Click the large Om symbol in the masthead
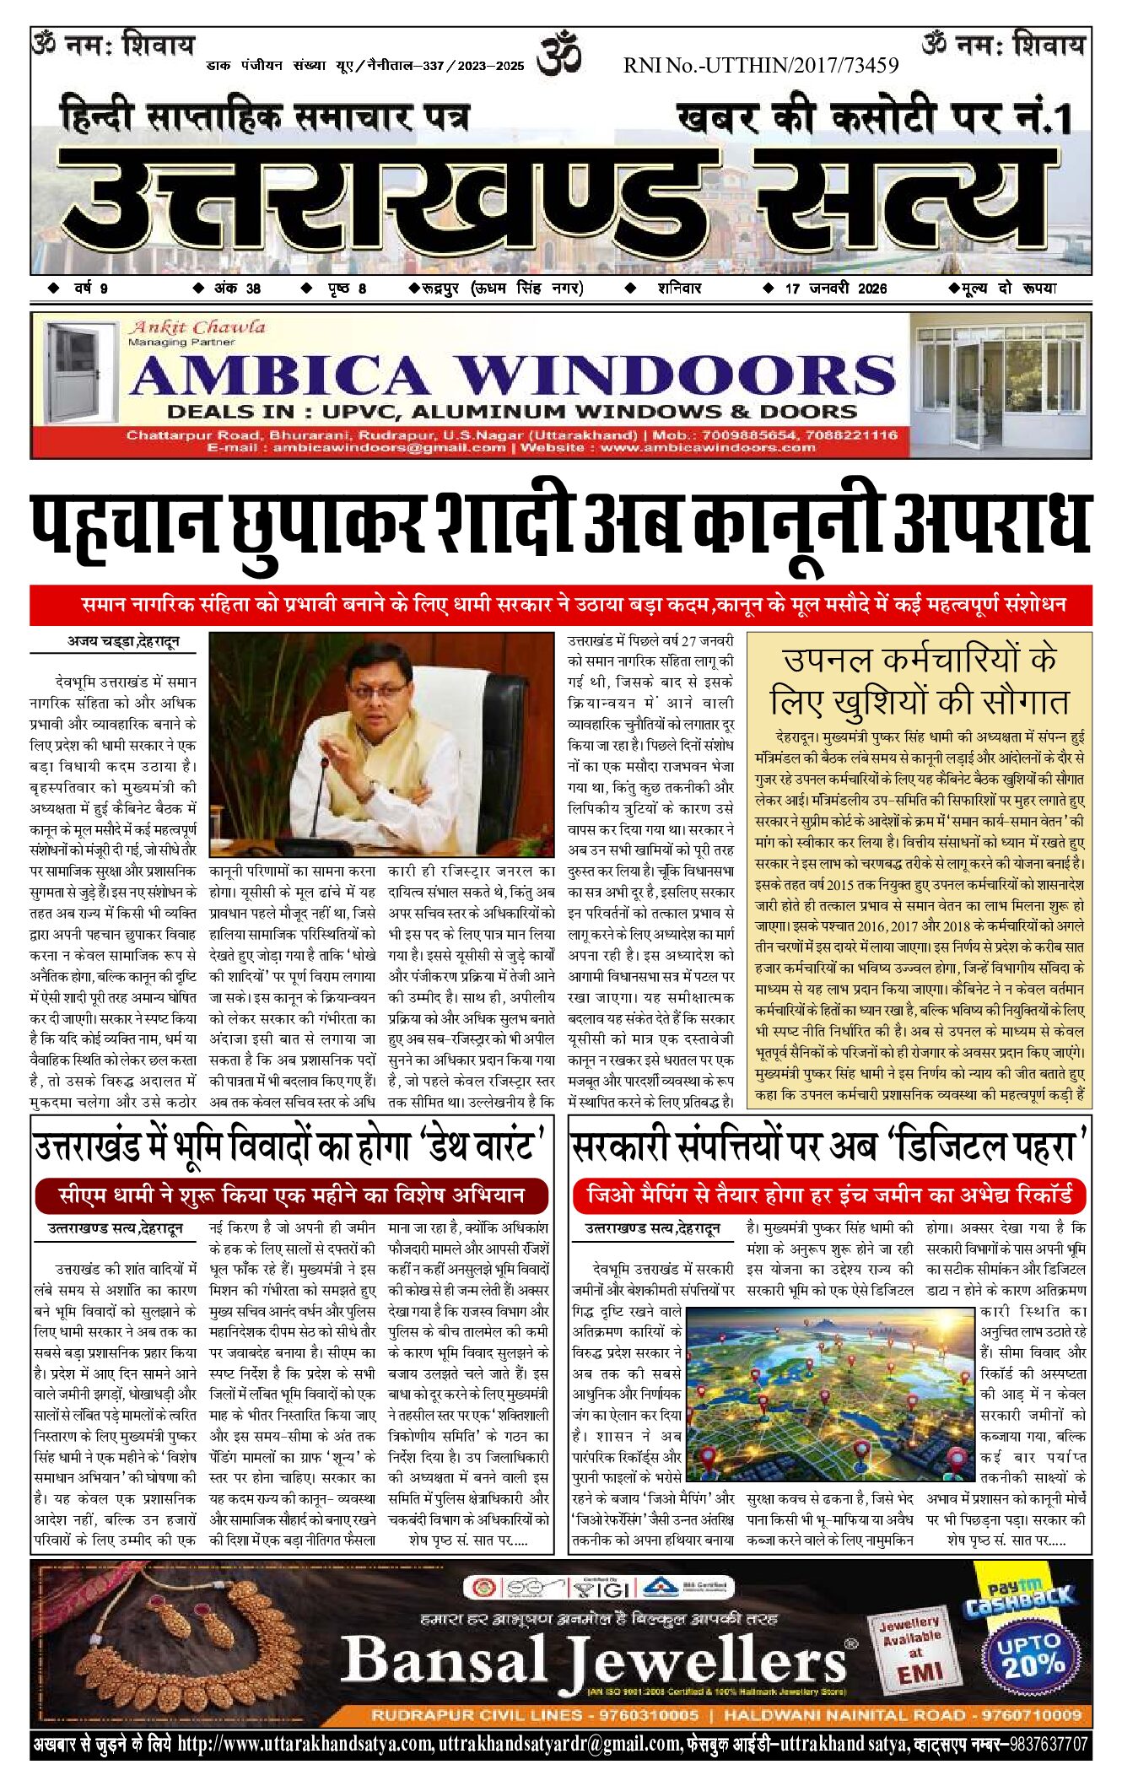(559, 52)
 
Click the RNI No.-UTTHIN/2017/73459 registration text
(760, 65)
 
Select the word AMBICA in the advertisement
(279, 375)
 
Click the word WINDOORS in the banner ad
(675, 375)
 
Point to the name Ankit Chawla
(197, 327)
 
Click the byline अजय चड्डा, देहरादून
(123, 641)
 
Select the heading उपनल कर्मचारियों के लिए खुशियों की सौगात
(919, 680)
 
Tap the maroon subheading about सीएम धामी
(292, 1195)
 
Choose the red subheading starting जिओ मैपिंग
(829, 1195)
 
